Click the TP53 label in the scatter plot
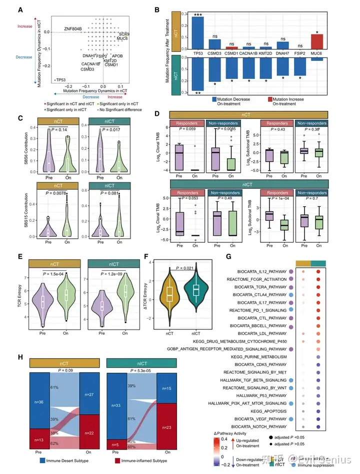pos(60,80)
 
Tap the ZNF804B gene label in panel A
pos(73,29)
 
